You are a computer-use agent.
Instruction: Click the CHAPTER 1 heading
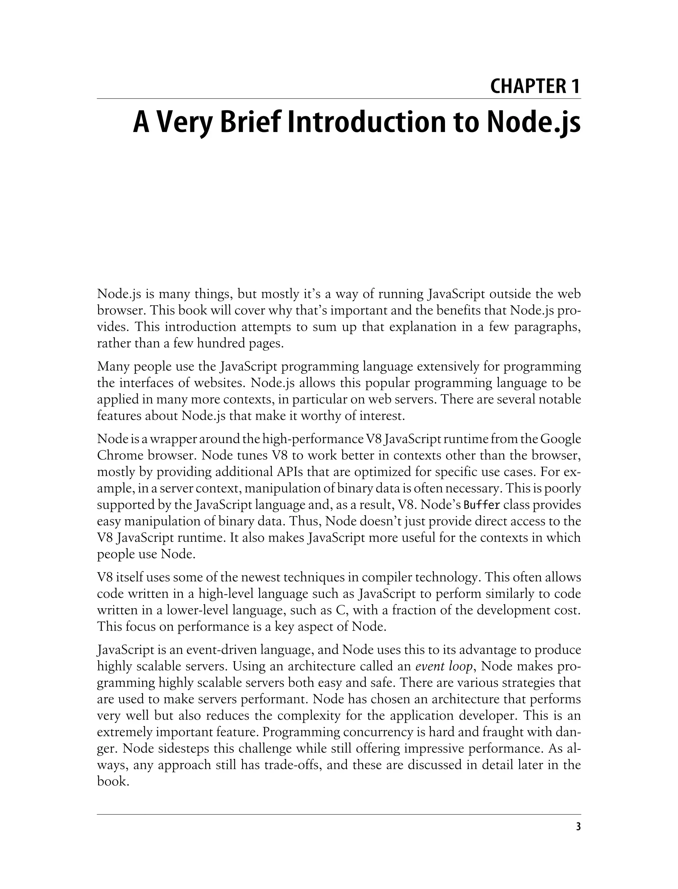point(535,86)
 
